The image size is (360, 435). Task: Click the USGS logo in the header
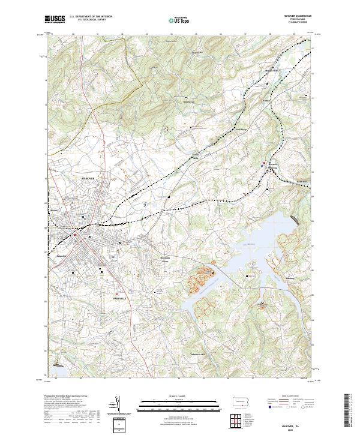pyautogui.click(x=55, y=19)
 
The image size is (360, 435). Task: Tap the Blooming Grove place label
pyautogui.click(x=166, y=259)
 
